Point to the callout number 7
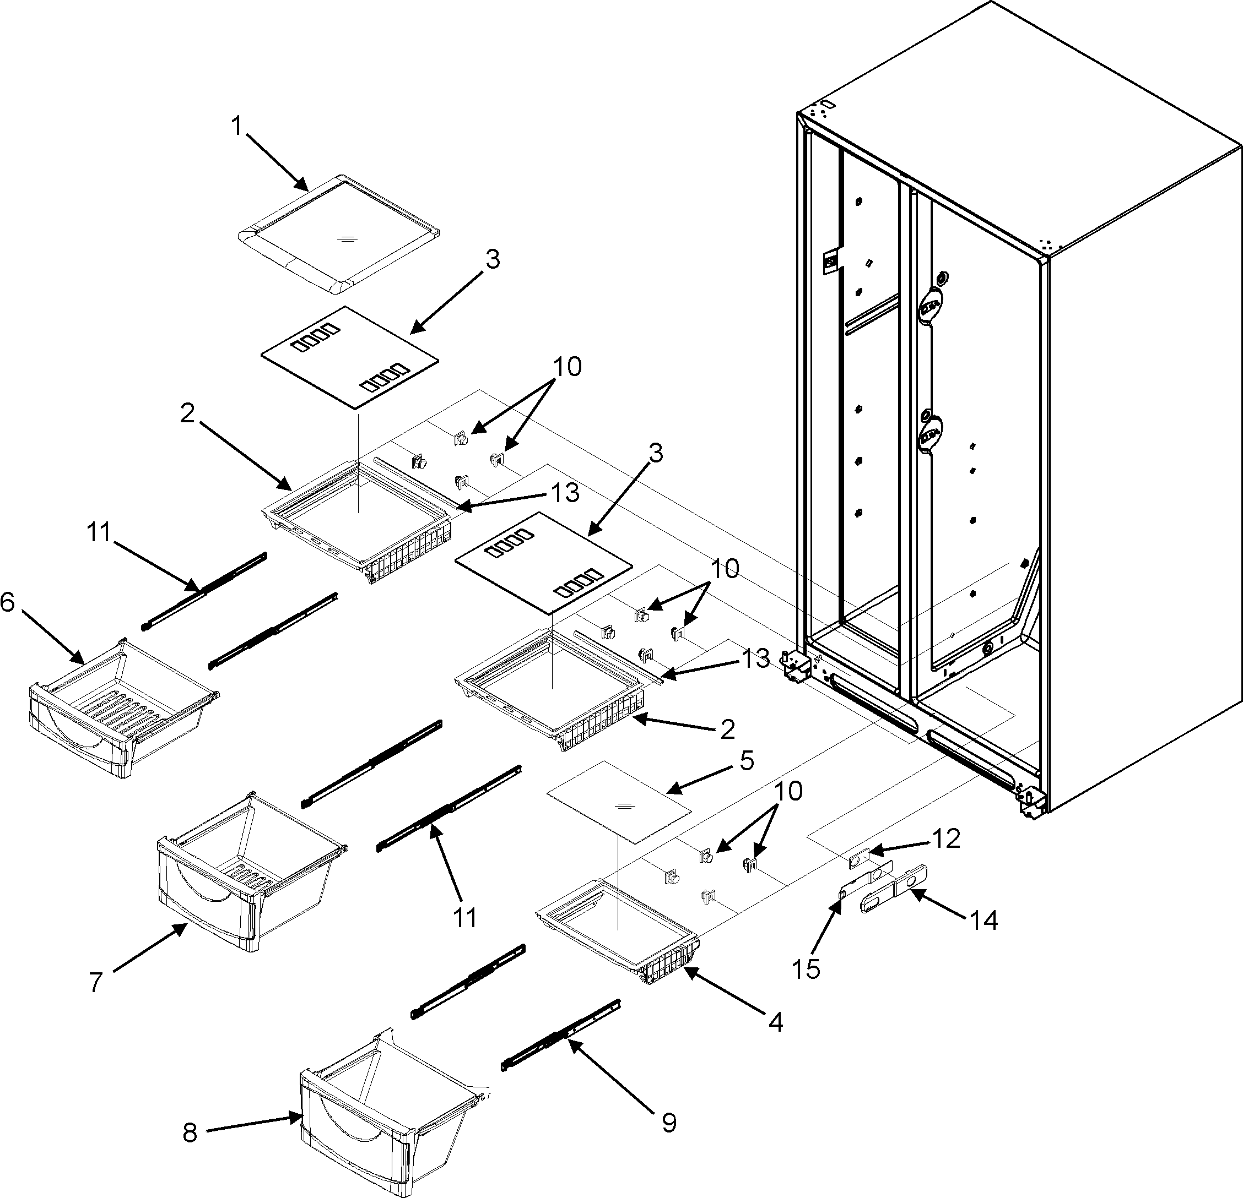click(x=95, y=983)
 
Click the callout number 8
click(x=190, y=1132)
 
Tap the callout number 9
click(x=668, y=1123)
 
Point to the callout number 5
click(x=747, y=761)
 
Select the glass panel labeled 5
click(x=618, y=802)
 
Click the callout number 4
click(x=774, y=1022)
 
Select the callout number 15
click(x=806, y=968)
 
